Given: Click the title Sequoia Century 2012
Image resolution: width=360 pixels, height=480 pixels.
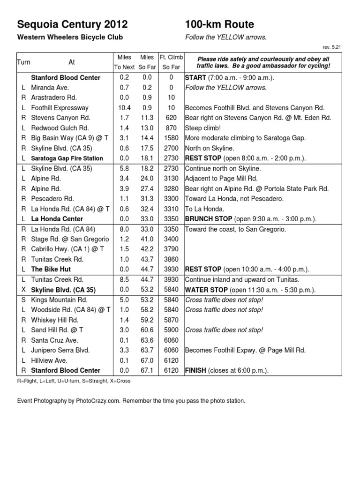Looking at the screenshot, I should coord(72,24).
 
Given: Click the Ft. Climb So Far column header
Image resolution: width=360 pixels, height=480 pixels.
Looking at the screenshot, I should coord(171,62).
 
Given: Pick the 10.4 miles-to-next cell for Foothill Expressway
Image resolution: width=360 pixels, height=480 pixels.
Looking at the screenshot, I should coord(124,108).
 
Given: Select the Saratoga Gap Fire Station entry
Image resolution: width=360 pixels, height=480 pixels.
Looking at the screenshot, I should coord(67,158).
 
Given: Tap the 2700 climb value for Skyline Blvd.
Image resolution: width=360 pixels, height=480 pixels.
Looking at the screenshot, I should coord(171,148).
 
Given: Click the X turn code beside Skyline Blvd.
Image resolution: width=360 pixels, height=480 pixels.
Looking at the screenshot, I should coord(23,290).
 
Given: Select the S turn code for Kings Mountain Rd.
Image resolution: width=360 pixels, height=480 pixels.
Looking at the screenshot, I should coord(23,300).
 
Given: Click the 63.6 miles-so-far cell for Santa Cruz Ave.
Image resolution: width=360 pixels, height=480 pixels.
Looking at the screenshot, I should coord(147,340).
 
